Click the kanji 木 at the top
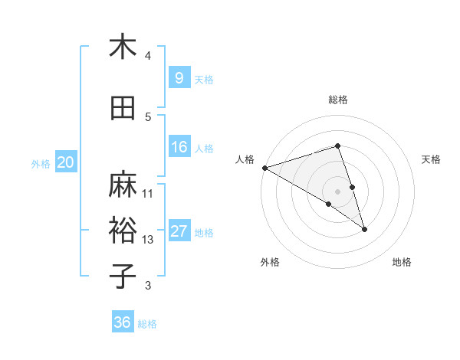pos(123,47)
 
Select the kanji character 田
pos(123,108)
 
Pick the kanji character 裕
pos(123,231)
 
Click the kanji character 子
pos(123,277)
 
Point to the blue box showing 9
pos(179,77)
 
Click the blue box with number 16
pos(179,147)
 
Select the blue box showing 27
pos(179,231)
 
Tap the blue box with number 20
pos(65,162)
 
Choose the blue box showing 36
pos(122,322)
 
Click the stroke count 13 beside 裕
pos(148,240)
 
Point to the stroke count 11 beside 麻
pos(148,193)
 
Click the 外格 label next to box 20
pos(41,164)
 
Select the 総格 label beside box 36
pos(147,324)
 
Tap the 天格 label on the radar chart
pos(432,159)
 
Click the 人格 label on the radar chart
pos(245,159)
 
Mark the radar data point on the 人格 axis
pos(264,167)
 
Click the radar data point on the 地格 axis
pos(364,229)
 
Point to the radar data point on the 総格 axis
pos(337,146)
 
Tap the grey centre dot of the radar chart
pos(337,191)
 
